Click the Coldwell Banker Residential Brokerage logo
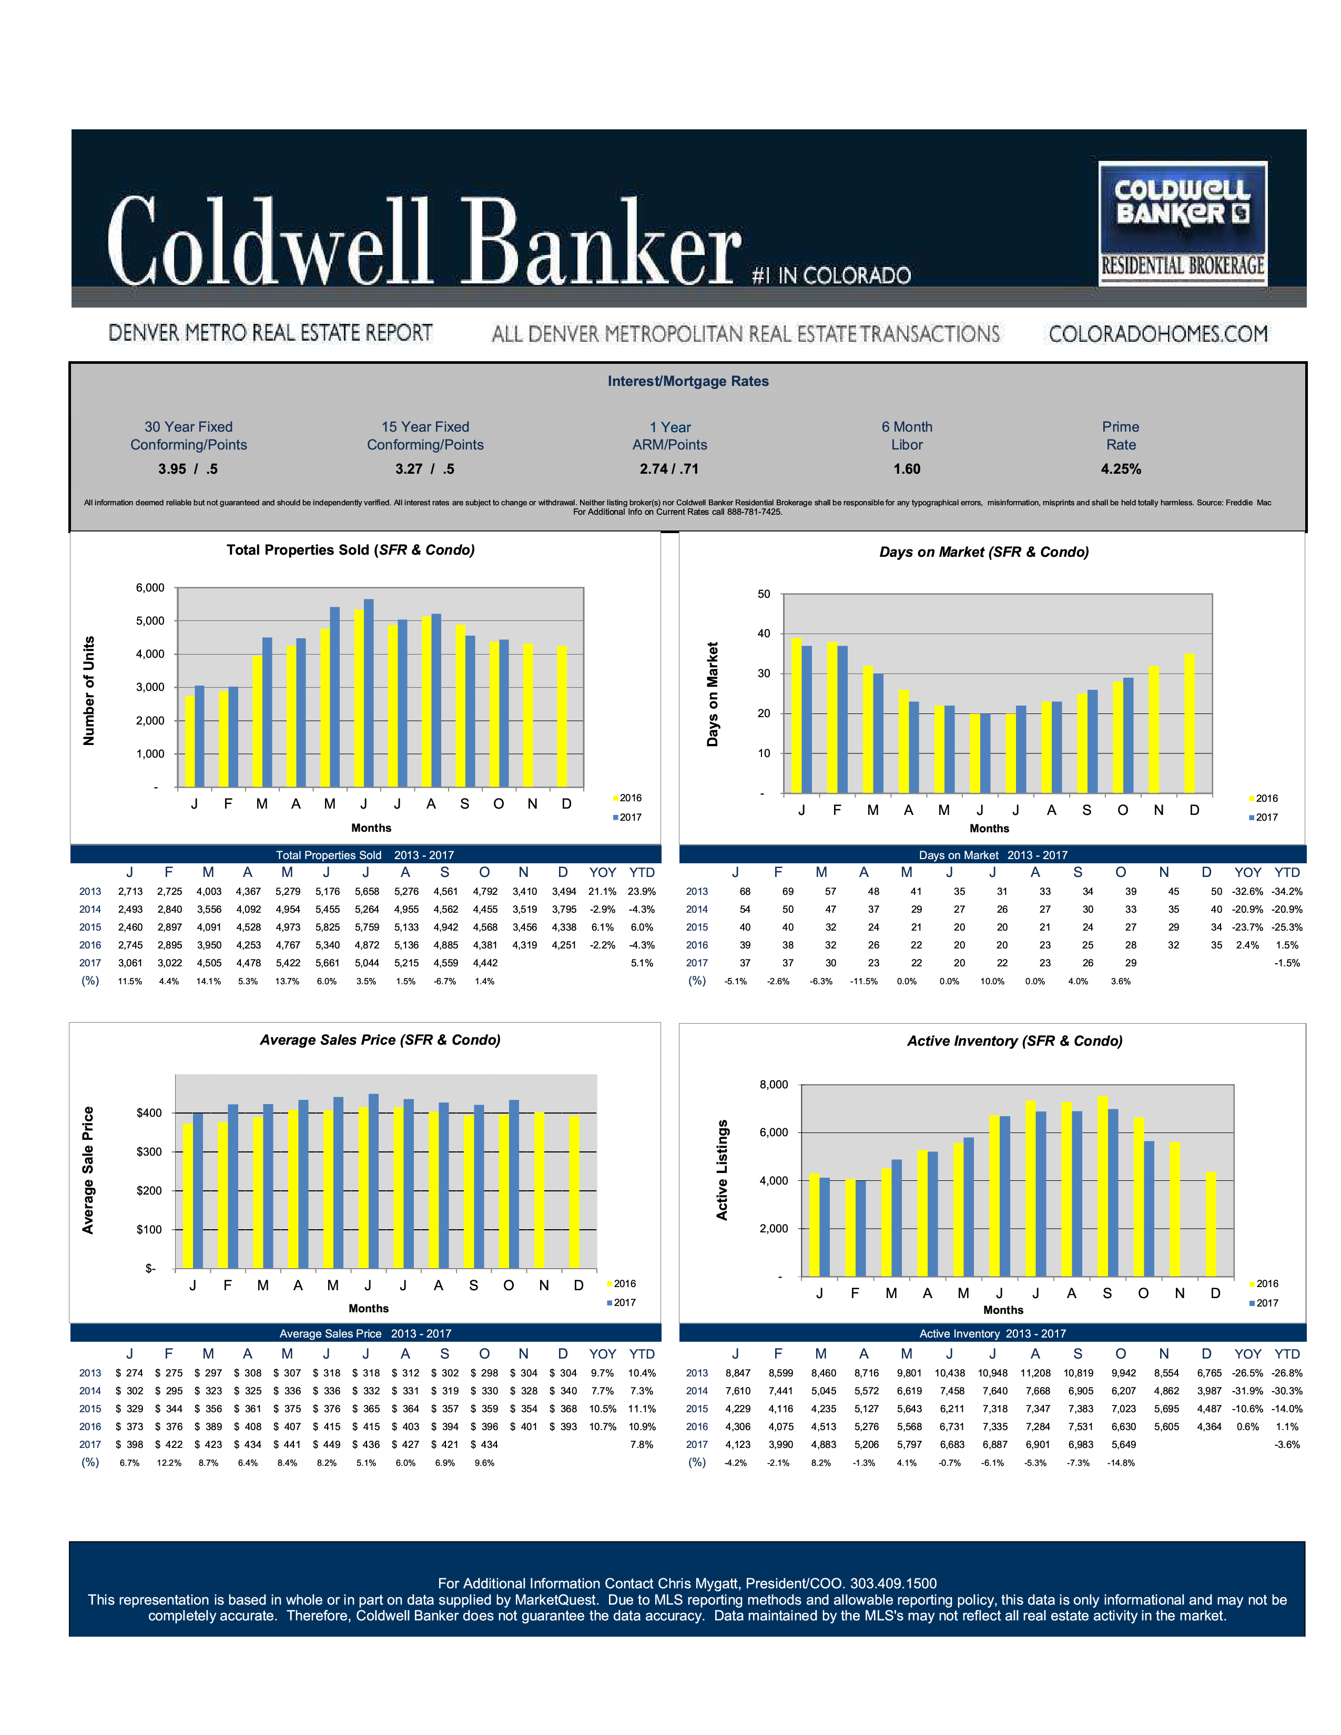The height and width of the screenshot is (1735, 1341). [1182, 223]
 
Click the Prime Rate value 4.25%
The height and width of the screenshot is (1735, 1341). [1120, 468]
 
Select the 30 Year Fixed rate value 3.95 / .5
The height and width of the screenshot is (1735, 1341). [188, 468]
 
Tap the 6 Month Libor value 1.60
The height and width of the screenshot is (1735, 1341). [907, 468]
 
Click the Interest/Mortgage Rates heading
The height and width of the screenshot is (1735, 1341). [688, 381]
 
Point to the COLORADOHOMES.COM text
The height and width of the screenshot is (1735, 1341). [1157, 334]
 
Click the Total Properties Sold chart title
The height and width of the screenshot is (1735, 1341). [350, 550]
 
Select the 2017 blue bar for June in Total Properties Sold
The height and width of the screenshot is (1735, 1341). [369, 693]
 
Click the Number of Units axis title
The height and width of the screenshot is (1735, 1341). [89, 690]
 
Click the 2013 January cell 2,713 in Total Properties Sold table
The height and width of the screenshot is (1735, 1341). [130, 891]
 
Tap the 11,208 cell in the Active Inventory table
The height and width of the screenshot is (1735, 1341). [1035, 1373]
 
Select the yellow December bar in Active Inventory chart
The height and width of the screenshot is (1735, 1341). [1211, 1224]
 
